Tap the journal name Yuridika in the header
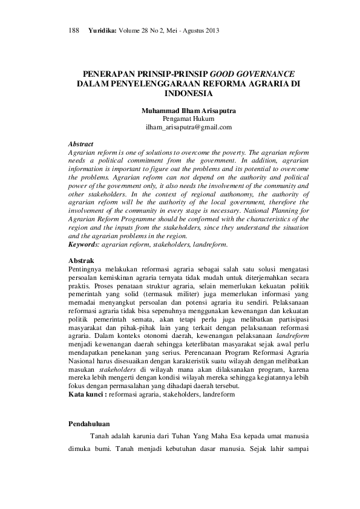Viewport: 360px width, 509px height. [x=101, y=30]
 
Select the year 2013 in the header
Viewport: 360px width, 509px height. [x=212, y=30]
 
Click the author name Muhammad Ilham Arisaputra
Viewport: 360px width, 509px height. [x=188, y=111]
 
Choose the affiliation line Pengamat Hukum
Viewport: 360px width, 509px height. [x=188, y=119]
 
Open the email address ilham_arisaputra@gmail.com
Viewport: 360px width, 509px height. [x=188, y=128]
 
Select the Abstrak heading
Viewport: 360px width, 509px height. [x=81, y=260]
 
